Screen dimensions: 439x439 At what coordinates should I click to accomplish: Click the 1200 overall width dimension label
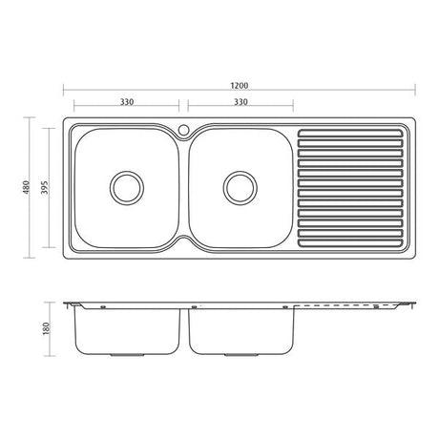(240, 86)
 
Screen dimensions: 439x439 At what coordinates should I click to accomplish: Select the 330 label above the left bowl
(127, 102)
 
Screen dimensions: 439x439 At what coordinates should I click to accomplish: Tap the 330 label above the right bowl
(240, 102)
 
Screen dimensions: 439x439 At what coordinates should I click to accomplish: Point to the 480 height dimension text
(27, 187)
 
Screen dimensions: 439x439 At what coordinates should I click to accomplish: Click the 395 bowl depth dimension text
(46, 188)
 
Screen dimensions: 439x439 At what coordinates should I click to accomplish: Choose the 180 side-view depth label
(47, 328)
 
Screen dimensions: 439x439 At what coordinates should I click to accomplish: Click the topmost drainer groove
(350, 133)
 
